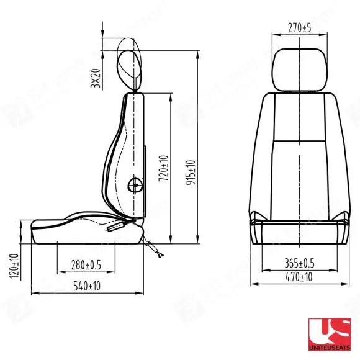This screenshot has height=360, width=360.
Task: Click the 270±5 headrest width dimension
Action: coord(300,28)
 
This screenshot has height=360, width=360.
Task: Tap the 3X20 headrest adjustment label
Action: coord(96,78)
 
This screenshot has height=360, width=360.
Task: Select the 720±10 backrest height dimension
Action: coord(164,168)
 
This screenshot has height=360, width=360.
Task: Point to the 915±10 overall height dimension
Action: coord(191,173)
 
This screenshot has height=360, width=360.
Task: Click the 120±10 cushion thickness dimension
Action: coord(14,266)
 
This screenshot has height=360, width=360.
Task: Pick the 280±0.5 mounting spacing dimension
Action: coord(86,265)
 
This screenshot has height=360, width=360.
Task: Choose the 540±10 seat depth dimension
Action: coord(87,286)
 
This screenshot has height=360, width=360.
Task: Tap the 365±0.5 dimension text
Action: coord(299,263)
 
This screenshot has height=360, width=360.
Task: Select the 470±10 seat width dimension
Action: coord(299,277)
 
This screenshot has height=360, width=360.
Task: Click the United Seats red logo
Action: coord(330,335)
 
